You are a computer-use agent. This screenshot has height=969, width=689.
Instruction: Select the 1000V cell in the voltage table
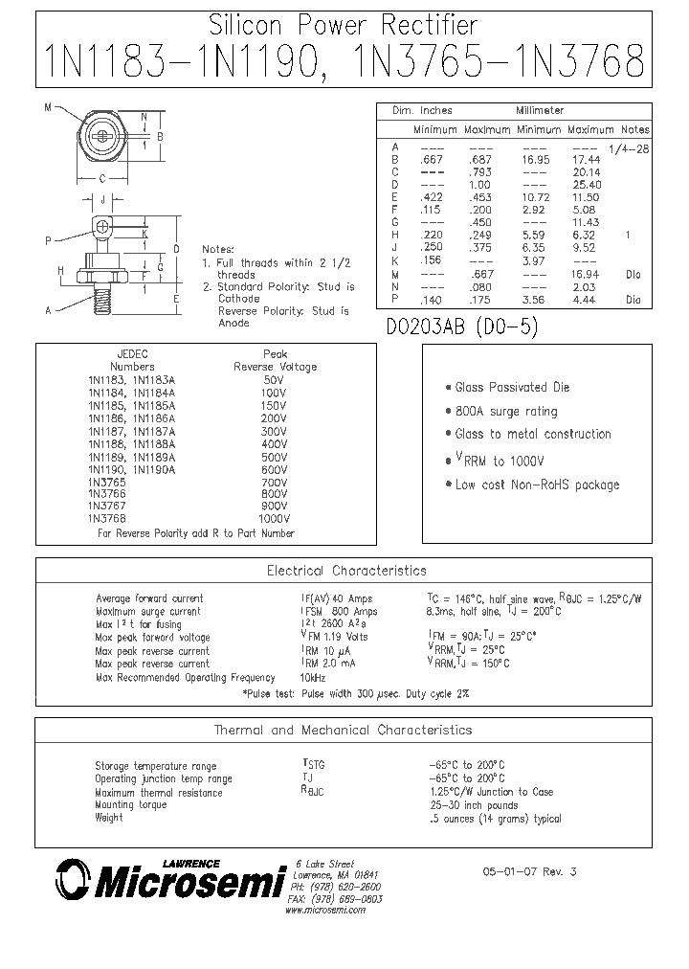point(275,519)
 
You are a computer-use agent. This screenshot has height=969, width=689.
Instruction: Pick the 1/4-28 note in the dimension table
point(629,147)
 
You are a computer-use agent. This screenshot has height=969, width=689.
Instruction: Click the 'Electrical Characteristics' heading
point(346,571)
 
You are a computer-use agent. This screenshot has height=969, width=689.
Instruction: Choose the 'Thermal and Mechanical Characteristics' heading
point(343,730)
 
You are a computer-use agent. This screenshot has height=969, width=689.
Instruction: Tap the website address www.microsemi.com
point(325,910)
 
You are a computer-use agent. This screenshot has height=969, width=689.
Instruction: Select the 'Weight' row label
point(109,819)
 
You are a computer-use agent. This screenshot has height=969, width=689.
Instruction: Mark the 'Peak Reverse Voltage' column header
point(276,360)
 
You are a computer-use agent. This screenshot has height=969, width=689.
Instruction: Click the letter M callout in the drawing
point(46,107)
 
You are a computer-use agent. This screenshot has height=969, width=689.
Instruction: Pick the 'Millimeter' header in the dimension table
point(542,111)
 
